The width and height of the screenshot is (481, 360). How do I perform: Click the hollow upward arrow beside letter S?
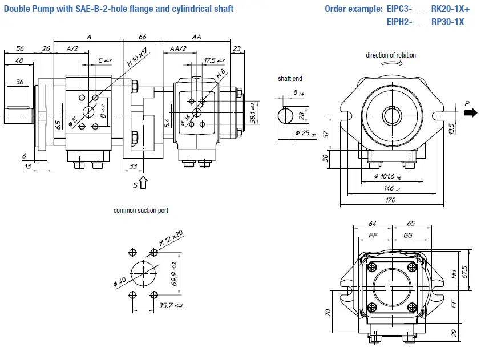143,182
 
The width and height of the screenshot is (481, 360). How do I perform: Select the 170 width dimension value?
390,200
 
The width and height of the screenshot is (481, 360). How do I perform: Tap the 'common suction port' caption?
140,211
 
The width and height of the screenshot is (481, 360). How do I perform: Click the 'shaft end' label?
290,79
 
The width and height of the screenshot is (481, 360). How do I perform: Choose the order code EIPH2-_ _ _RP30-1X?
425,22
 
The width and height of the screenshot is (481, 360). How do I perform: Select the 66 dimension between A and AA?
143,37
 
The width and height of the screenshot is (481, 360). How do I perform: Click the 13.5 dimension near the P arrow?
451,127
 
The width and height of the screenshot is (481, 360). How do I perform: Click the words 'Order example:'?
354,9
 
